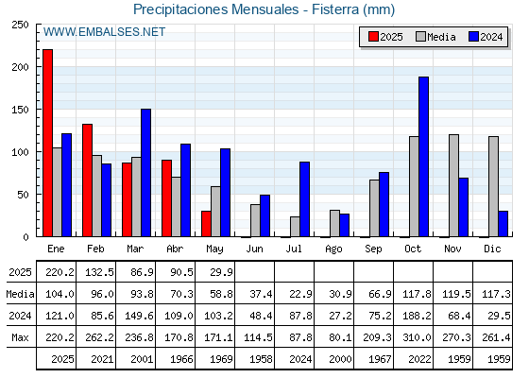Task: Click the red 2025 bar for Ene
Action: pyautogui.click(x=47, y=143)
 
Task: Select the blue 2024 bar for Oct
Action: pyautogui.click(x=424, y=157)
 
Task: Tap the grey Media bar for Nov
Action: pyautogui.click(x=453, y=185)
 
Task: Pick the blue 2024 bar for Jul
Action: pyautogui.click(x=304, y=199)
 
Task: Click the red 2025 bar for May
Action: pyautogui.click(x=206, y=224)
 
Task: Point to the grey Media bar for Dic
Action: pyautogui.click(x=493, y=187)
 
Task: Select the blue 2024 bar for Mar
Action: pyautogui.click(x=146, y=173)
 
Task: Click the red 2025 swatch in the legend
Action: pyautogui.click(x=373, y=37)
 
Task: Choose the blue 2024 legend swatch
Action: pyautogui.click(x=473, y=37)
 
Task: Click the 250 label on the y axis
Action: pyautogui.click(x=20, y=25)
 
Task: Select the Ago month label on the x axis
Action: pyautogui.click(x=333, y=249)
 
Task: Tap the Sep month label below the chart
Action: pyautogui.click(x=373, y=249)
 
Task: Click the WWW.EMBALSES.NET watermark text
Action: pyautogui.click(x=104, y=32)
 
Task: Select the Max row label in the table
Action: pyautogui.click(x=20, y=337)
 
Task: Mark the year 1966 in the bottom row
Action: pyautogui.click(x=181, y=359)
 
